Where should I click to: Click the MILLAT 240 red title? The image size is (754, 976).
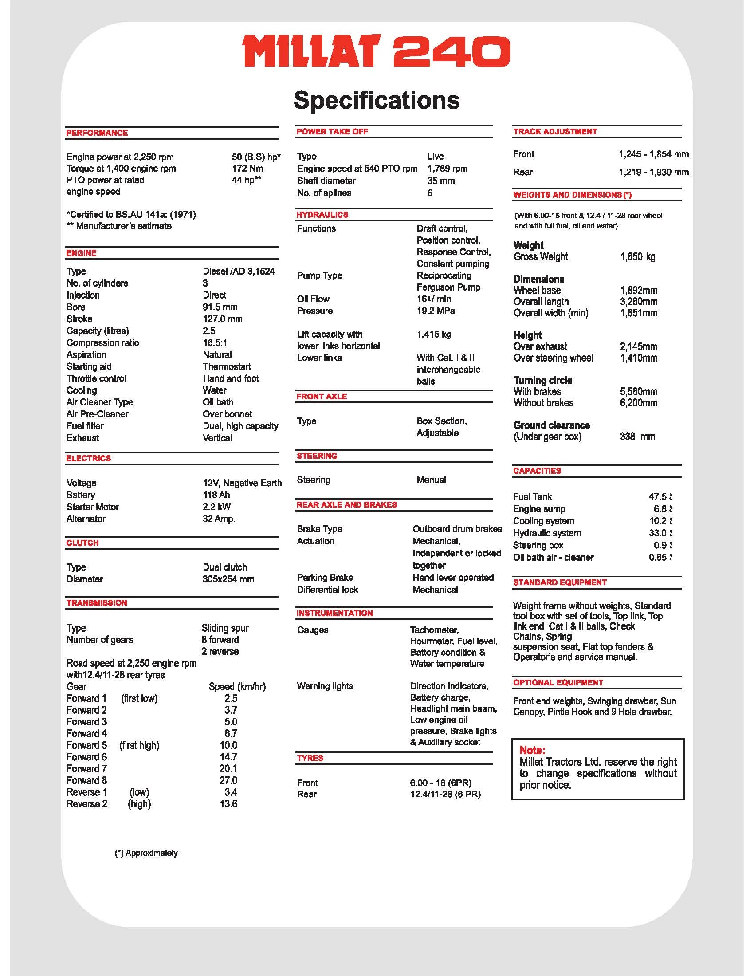[377, 52]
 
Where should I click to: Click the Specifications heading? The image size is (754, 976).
[377, 100]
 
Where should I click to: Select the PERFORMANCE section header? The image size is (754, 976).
[97, 133]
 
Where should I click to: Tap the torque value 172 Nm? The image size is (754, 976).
[247, 169]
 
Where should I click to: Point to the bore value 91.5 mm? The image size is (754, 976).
[220, 307]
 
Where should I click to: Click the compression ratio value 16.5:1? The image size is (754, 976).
[215, 343]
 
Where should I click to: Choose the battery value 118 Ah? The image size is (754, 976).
[216, 495]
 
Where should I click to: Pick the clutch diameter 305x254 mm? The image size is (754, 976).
[228, 579]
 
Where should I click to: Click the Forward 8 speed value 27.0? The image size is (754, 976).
[228, 780]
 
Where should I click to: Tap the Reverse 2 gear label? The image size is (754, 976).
[86, 804]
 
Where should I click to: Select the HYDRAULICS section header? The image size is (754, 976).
[322, 215]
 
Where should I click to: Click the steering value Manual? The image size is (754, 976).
[431, 480]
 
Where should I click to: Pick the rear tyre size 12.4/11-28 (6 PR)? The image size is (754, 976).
[445, 794]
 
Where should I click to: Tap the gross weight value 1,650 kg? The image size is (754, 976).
[637, 257]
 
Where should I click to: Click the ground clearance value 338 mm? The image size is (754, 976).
[637, 437]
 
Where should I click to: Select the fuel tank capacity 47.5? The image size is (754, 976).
[657, 496]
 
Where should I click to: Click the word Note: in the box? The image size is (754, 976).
[532, 750]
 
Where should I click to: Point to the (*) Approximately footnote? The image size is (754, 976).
[146, 853]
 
